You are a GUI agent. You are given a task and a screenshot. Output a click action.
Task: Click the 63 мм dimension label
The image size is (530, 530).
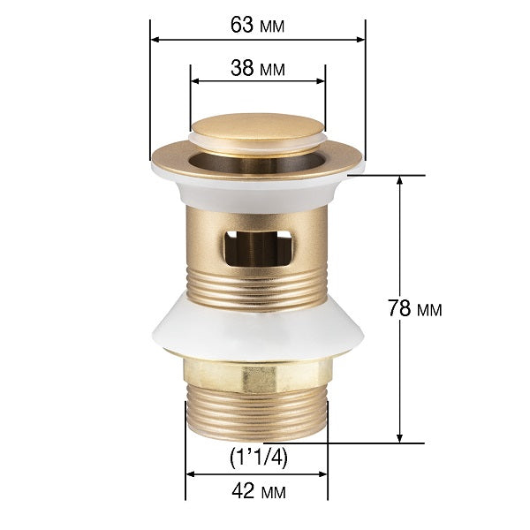click(x=257, y=24)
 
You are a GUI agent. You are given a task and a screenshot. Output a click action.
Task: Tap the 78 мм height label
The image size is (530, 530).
click(x=416, y=309)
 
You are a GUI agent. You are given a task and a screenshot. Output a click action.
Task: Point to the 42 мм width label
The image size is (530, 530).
click(x=257, y=489)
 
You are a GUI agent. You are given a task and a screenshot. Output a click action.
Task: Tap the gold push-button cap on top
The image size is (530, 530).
click(x=257, y=131)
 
